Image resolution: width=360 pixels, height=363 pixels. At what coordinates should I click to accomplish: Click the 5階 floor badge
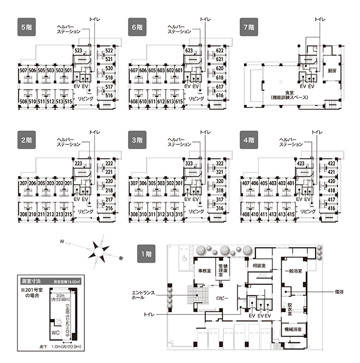[26, 26]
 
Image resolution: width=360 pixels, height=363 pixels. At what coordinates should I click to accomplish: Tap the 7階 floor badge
[250, 26]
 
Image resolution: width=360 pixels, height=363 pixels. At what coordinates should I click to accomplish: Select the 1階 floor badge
[146, 253]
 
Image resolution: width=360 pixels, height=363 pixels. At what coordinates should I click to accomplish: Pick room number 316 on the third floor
[219, 208]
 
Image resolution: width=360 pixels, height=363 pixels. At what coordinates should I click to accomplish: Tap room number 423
[300, 163]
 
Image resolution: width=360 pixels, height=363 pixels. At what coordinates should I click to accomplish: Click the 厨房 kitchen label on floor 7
[331, 71]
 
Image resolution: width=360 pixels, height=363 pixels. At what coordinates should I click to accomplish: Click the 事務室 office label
[205, 270]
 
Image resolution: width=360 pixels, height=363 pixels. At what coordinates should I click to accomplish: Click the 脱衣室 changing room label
[291, 309]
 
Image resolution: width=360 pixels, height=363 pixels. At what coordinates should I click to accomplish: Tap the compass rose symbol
[99, 251]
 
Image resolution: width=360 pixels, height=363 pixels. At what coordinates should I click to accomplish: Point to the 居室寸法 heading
[29, 278]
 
